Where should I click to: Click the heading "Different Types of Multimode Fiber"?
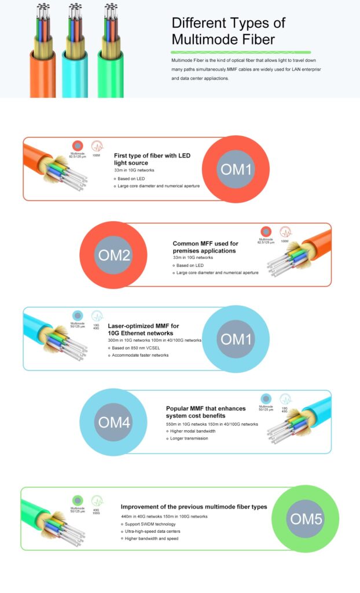click(x=229, y=31)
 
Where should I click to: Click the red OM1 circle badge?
click(x=236, y=169)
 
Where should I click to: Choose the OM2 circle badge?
click(x=114, y=255)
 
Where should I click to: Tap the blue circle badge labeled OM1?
click(x=236, y=339)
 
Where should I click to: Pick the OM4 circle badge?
click(x=114, y=422)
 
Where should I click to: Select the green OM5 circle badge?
click(x=305, y=518)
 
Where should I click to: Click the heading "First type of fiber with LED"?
click(x=152, y=159)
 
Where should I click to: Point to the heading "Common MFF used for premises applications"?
click(x=205, y=247)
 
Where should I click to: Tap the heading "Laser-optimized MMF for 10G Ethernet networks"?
click(x=144, y=330)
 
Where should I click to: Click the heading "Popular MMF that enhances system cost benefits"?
click(x=205, y=412)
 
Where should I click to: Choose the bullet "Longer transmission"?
click(x=189, y=438)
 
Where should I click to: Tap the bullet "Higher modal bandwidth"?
click(x=193, y=431)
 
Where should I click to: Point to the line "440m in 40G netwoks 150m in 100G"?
click(x=164, y=516)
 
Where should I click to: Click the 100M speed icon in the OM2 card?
click(x=285, y=232)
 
